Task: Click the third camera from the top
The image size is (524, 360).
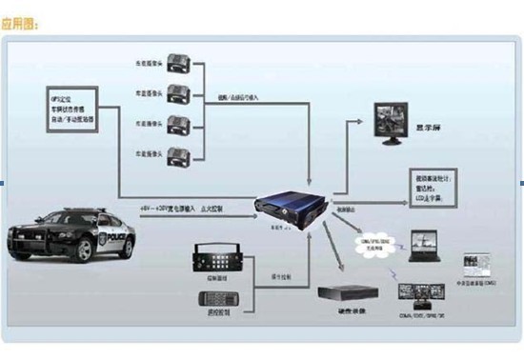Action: pos(181,125)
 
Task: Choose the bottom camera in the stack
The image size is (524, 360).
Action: pos(181,153)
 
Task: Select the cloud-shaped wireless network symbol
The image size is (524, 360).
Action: pos(371,246)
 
